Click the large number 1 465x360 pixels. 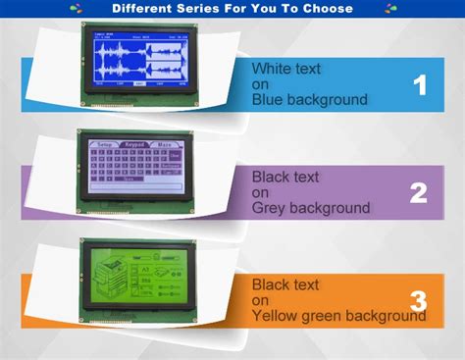pos(420,85)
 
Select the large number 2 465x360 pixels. pos(419,193)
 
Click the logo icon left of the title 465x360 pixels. pos(76,9)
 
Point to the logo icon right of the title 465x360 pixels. pos(390,9)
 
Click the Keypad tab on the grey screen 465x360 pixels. pos(135,143)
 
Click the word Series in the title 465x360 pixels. pos(201,9)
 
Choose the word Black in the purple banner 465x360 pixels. pos(271,178)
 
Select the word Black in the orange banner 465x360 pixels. pos(271,284)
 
